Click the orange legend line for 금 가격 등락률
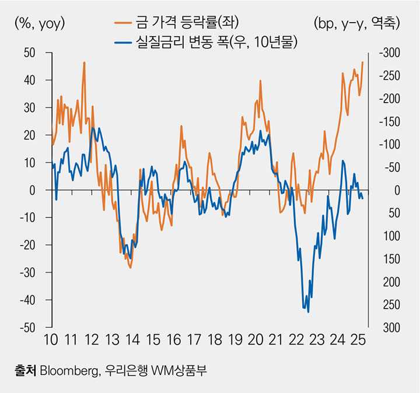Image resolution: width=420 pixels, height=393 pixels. pos(129,23)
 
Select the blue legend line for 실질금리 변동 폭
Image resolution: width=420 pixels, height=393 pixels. pos(129,43)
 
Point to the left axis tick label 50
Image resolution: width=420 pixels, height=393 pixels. pos(30,53)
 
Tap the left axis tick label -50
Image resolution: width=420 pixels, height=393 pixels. pos(27,328)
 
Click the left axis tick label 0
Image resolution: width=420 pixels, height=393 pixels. pos(33,190)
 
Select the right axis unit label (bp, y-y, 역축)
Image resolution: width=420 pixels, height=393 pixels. pos(356,23)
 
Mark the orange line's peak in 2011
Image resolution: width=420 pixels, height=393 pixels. pos(85,62)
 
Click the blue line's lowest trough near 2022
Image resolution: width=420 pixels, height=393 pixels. pos(308,312)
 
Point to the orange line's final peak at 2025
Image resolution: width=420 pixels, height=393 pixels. pos(363,62)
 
